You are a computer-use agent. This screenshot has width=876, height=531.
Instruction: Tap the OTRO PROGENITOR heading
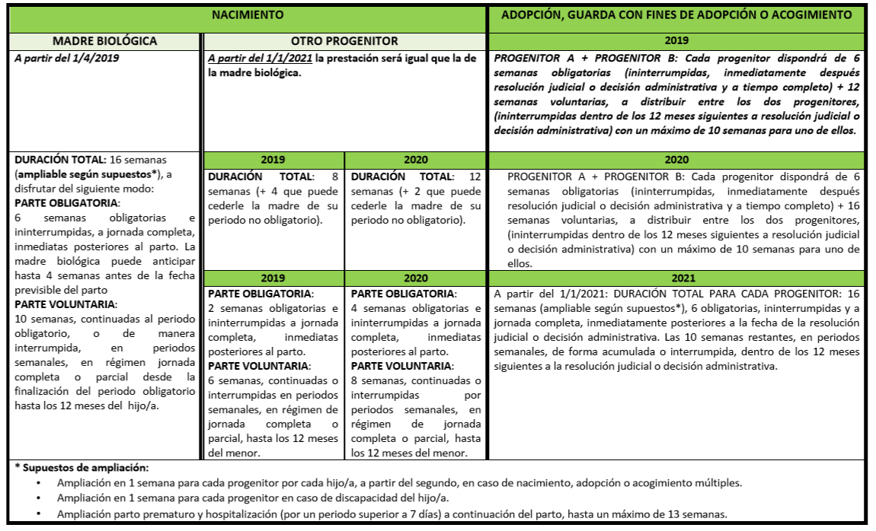click(x=344, y=40)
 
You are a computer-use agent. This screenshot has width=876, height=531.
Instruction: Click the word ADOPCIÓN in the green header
click(x=532, y=14)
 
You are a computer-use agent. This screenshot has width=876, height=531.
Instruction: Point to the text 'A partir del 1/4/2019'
click(x=67, y=57)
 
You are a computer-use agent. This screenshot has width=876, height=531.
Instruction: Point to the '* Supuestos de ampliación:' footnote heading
click(x=72, y=467)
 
